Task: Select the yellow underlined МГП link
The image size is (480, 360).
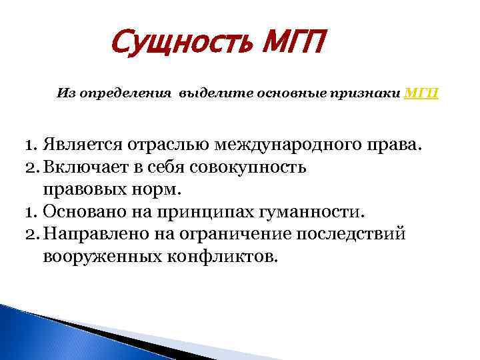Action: coord(421,94)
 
